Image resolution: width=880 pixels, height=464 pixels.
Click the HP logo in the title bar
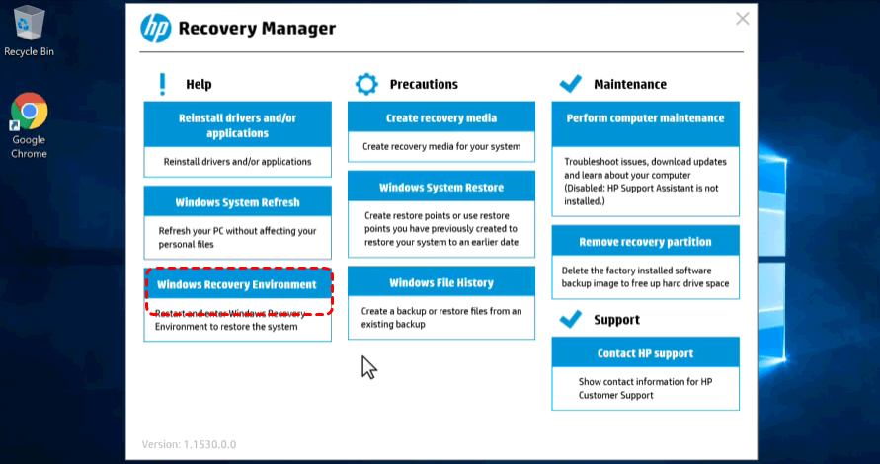pyautogui.click(x=156, y=28)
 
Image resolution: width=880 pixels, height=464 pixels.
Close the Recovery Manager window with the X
pyautogui.click(x=742, y=19)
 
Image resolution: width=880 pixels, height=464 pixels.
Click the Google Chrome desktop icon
pyautogui.click(x=29, y=125)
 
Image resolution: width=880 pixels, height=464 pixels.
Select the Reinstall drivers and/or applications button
pyautogui.click(x=237, y=125)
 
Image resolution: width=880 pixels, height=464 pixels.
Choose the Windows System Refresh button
pyautogui.click(x=237, y=202)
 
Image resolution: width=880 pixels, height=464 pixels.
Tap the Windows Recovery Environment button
pyautogui.click(x=237, y=284)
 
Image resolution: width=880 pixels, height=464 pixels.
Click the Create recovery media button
pyautogui.click(x=441, y=117)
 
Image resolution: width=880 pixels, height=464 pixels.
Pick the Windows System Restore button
pyautogui.click(x=441, y=187)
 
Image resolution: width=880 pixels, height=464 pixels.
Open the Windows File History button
pyautogui.click(x=441, y=282)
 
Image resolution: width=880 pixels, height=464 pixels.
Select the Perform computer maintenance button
pyautogui.click(x=645, y=124)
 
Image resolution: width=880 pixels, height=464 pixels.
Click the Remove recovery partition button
pyautogui.click(x=645, y=241)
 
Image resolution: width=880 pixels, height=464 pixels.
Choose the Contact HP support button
pyautogui.click(x=645, y=352)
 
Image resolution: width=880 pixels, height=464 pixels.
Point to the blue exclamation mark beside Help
pyautogui.click(x=163, y=84)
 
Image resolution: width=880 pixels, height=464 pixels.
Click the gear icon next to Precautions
pyautogui.click(x=366, y=84)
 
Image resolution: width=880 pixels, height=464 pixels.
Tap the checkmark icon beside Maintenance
pyautogui.click(x=571, y=84)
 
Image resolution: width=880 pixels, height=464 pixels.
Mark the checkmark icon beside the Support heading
pyautogui.click(x=571, y=319)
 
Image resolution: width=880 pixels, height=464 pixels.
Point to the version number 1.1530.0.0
pyautogui.click(x=209, y=444)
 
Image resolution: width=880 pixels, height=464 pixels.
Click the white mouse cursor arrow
pyautogui.click(x=368, y=367)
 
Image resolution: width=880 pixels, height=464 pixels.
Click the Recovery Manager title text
pyautogui.click(x=257, y=28)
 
